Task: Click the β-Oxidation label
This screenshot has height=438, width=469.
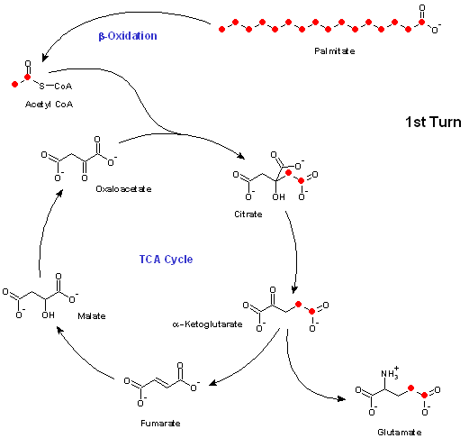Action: pos(128,36)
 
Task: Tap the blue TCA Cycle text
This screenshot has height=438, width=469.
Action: pos(166,260)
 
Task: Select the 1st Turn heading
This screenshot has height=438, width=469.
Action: pos(433,122)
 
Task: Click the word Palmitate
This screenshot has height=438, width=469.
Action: pos(335,51)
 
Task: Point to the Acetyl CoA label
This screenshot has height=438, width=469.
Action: pos(49,105)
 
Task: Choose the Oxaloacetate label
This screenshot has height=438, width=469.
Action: pos(123,189)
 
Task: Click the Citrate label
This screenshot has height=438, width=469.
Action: pos(248,214)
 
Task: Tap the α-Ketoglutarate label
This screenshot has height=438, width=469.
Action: pos(207,324)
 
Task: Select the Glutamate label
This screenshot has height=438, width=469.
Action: pos(400,433)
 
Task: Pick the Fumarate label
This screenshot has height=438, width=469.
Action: pos(160,424)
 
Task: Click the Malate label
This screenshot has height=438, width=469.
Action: pos(92,316)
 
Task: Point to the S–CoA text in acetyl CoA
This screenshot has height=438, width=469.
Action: pos(56,87)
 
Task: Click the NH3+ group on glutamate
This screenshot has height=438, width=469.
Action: pos(390,372)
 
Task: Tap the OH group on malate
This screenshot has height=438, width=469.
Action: pos(49,315)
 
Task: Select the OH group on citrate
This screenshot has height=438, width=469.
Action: pos(278,197)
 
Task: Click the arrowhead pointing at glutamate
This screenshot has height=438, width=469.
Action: pos(341,399)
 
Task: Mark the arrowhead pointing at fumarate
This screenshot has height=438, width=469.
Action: pos(212,383)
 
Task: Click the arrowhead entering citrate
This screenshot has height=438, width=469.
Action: pos(241,156)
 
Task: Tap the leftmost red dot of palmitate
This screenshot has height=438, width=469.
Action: pos(221,29)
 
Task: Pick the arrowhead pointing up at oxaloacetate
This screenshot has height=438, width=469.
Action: pos(59,193)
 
